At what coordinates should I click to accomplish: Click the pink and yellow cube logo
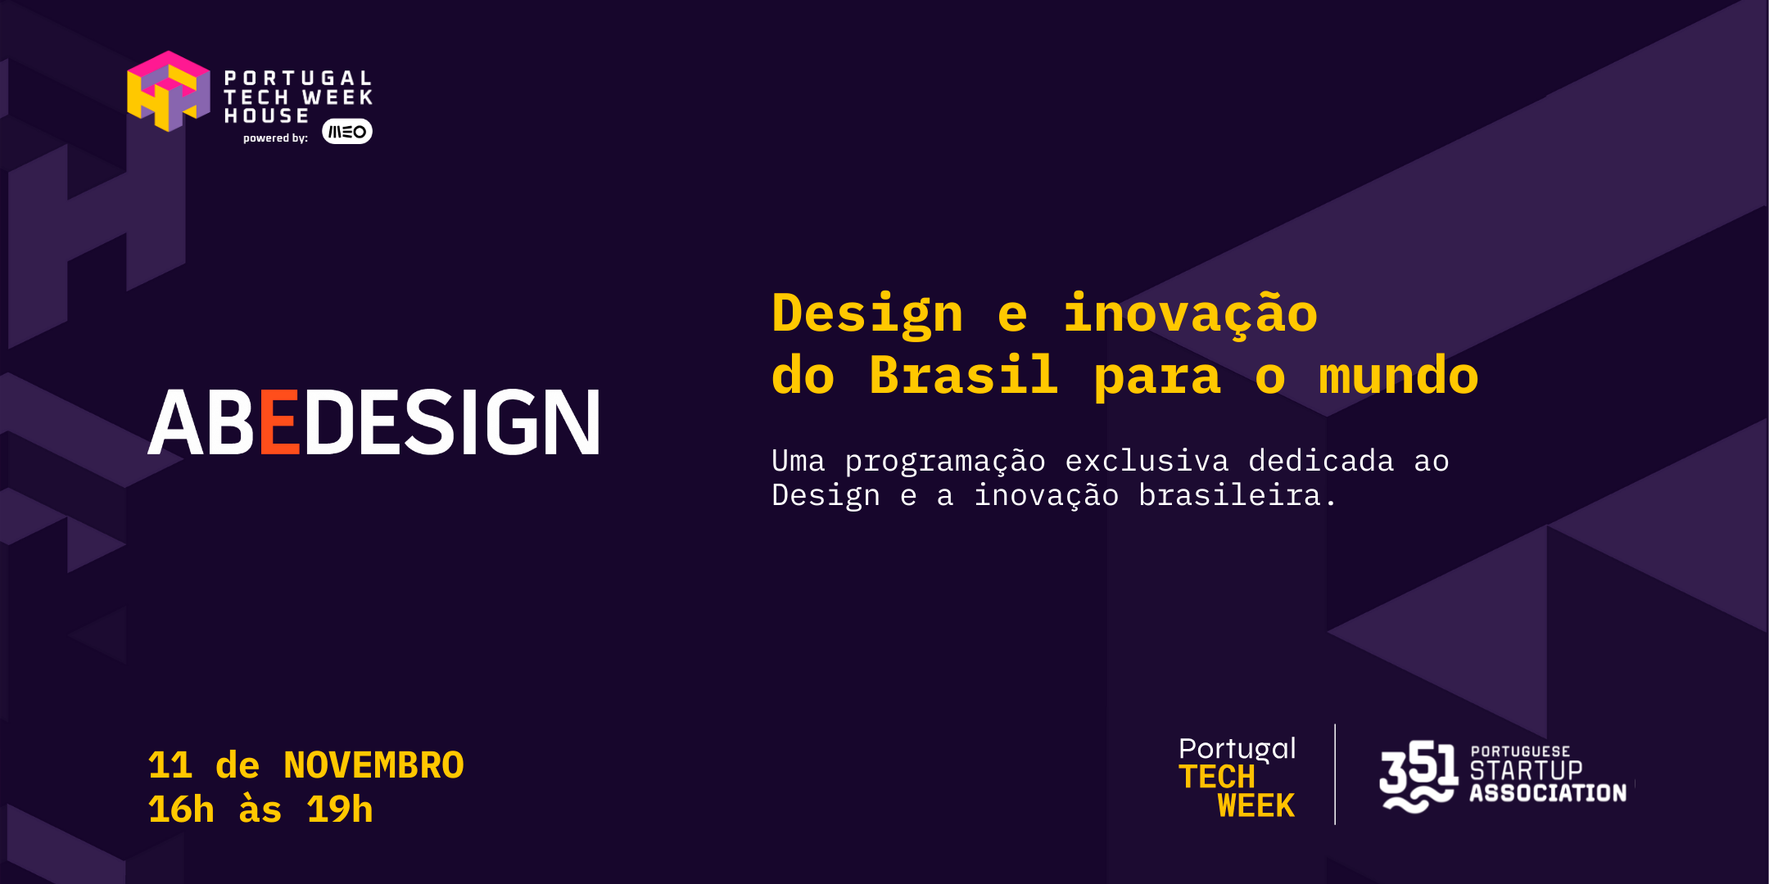[168, 91]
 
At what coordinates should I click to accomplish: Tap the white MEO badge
[347, 132]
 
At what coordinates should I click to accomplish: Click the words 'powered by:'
[275, 138]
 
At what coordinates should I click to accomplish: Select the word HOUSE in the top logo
[267, 116]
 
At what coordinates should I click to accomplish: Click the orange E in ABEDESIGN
[279, 422]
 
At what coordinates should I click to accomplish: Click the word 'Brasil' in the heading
[963, 376]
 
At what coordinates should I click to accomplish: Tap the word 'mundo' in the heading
[1398, 376]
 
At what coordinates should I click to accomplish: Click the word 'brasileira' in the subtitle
[1229, 495]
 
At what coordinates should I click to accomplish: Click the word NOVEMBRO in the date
[373, 765]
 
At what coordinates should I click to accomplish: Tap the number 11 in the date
[170, 765]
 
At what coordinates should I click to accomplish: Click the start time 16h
[181, 810]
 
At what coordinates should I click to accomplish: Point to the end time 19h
[339, 810]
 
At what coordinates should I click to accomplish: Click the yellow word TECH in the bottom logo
[1217, 777]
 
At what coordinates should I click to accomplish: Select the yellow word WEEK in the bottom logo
[1256, 806]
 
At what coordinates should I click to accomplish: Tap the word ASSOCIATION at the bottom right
[1548, 793]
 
